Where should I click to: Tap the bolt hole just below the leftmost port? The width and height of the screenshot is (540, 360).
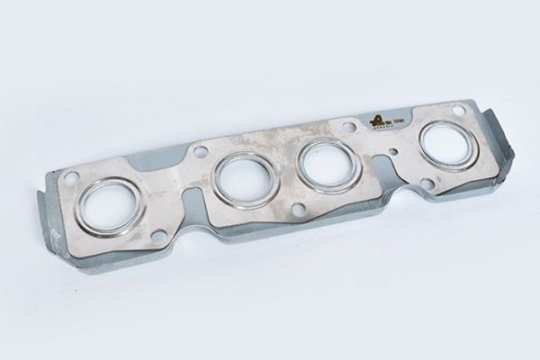click(158, 236)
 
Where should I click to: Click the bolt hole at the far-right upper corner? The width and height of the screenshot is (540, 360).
click(458, 111)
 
